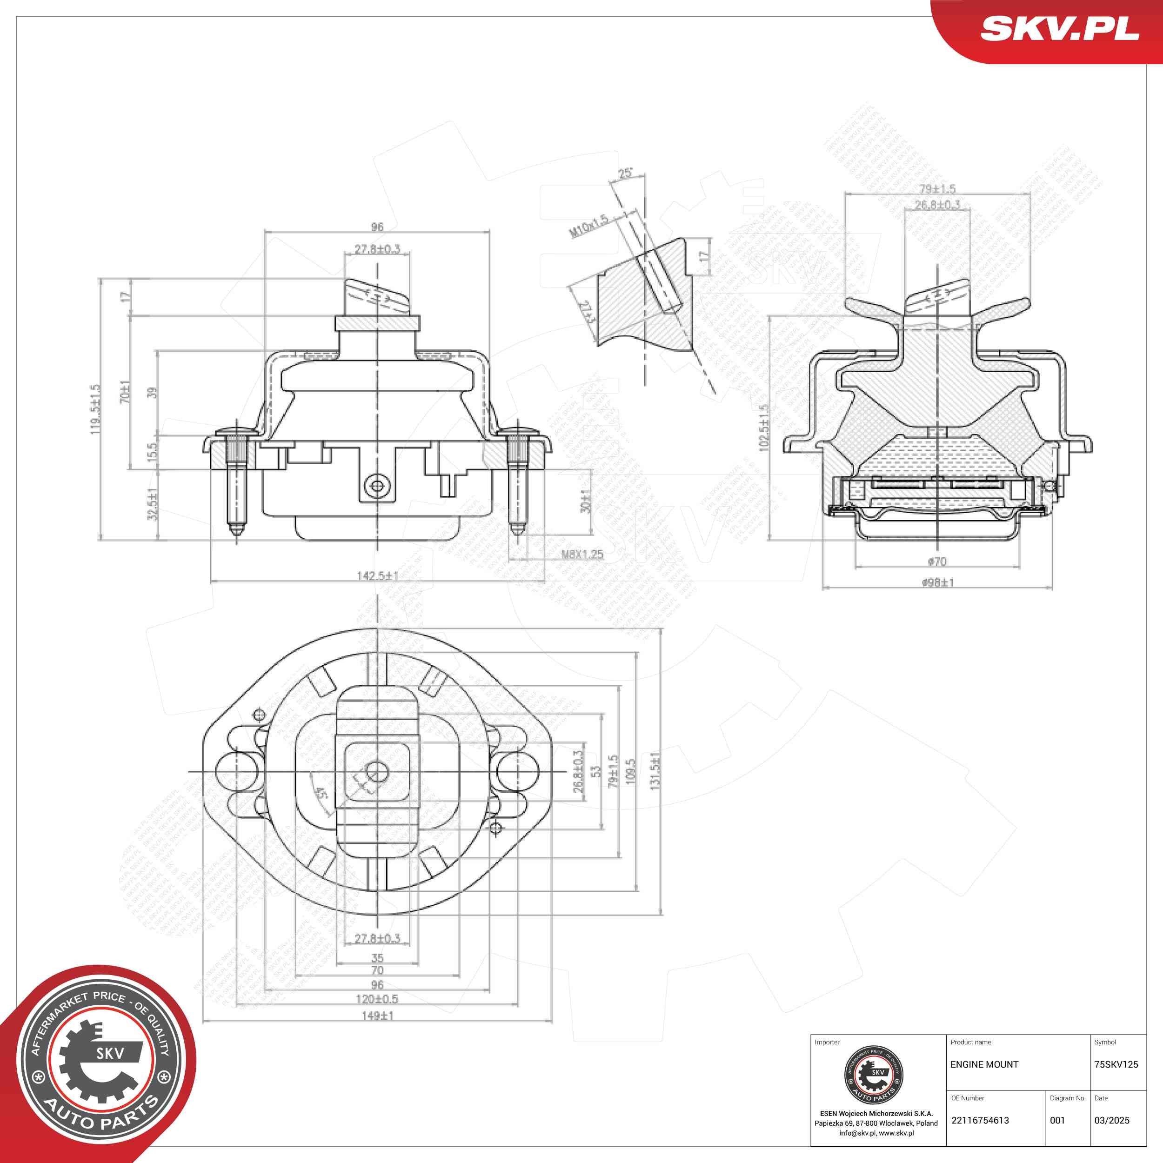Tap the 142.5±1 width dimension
pyautogui.click(x=377, y=576)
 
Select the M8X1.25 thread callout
pyautogui.click(x=582, y=555)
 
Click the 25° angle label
pyautogui.click(x=625, y=174)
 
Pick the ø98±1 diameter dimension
pyautogui.click(x=938, y=582)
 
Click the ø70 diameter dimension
pyautogui.click(x=937, y=561)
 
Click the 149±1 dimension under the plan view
pyautogui.click(x=377, y=1015)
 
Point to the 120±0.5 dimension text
pyautogui.click(x=377, y=999)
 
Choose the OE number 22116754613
pyautogui.click(x=979, y=1120)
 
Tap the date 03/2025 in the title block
pyautogui.click(x=1112, y=1120)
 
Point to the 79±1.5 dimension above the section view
pyautogui.click(x=937, y=189)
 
